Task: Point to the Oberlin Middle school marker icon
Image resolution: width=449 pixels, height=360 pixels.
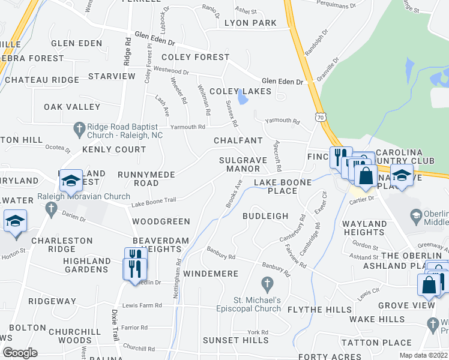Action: pyautogui.click(x=415, y=215)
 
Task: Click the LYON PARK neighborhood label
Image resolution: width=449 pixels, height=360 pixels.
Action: pyautogui.click(x=250, y=23)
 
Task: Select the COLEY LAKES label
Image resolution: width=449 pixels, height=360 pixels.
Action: pyautogui.click(x=240, y=91)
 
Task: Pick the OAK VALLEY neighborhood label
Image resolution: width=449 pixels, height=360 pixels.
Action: pyautogui.click(x=72, y=107)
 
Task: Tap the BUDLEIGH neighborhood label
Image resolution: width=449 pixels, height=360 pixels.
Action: pyautogui.click(x=265, y=216)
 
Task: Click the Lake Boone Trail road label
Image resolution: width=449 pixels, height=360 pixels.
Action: pyautogui.click(x=154, y=204)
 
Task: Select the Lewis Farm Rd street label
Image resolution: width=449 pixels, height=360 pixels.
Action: pyautogui.click(x=142, y=305)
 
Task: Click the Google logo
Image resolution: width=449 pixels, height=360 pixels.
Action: pyautogui.click(x=20, y=353)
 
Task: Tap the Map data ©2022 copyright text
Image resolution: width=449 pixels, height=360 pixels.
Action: pyautogui.click(x=423, y=355)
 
